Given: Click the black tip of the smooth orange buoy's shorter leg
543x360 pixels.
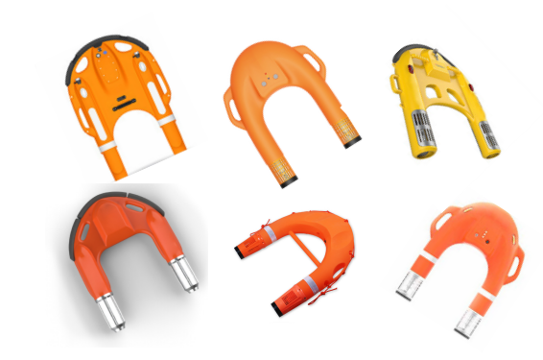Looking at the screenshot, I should pyautogui.click(x=352, y=142).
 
